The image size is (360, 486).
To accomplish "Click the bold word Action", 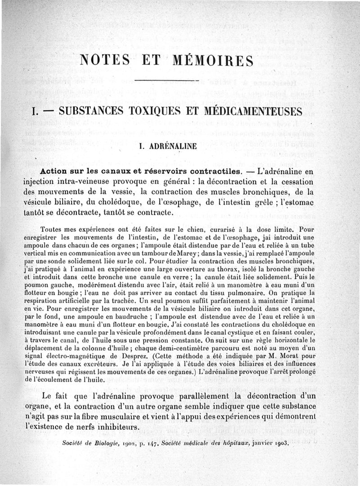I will pos(56,172).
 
